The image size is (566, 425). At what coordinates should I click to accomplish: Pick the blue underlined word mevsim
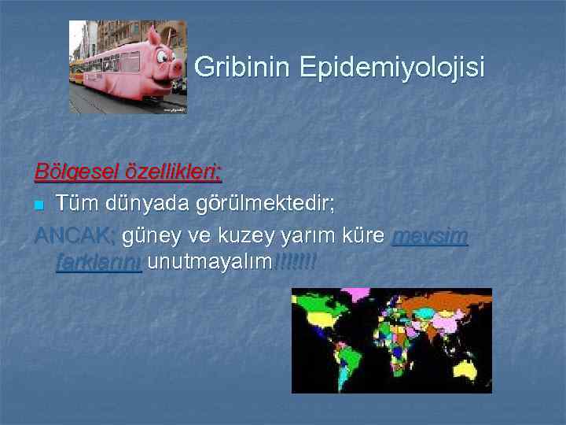[429, 236]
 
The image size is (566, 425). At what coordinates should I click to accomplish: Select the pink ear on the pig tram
[154, 36]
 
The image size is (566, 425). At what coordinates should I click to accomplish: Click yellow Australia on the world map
[467, 368]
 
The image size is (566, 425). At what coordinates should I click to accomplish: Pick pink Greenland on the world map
[358, 295]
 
